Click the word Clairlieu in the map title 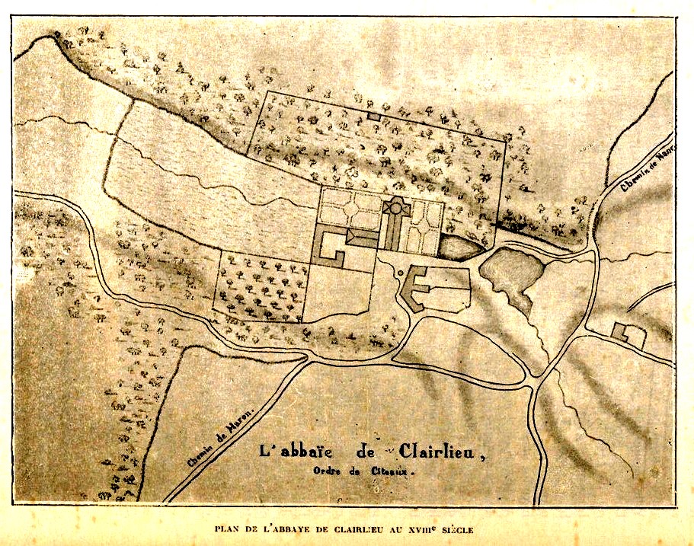(440, 452)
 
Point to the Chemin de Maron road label (219, 436)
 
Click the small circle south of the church (399, 272)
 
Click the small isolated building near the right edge (622, 331)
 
